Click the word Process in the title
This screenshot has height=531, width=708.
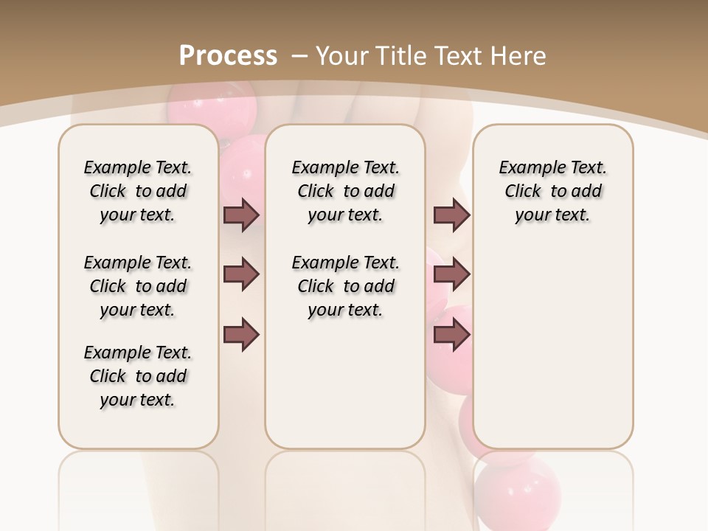click(x=228, y=55)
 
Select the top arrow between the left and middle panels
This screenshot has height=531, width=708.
click(x=241, y=215)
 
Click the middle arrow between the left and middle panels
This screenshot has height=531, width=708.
click(x=241, y=275)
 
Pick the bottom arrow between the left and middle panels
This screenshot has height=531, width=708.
click(x=241, y=334)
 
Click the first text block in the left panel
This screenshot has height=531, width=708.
click(x=138, y=191)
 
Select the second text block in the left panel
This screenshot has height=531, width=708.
click(x=138, y=286)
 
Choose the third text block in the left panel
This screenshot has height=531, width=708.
click(x=138, y=376)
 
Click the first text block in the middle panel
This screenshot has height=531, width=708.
click(x=345, y=191)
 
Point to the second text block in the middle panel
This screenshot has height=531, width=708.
click(x=345, y=286)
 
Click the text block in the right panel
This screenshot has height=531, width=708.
click(x=552, y=191)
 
